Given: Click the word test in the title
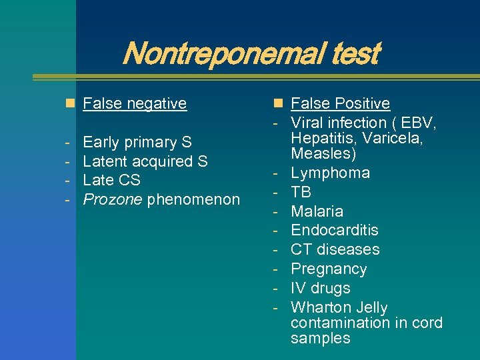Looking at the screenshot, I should click(356, 53).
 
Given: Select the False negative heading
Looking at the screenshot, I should click(134, 103).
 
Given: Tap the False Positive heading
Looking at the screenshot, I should click(340, 103).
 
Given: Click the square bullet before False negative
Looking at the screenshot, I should click(69, 103).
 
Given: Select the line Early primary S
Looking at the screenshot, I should click(137, 142).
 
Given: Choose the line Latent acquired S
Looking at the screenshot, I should click(145, 161).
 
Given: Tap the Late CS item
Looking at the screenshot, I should click(111, 180).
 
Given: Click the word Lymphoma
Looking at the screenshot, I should click(330, 173).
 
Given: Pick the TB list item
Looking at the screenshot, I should click(301, 193).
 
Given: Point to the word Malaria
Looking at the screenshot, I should click(317, 211).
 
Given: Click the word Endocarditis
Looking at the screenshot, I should click(334, 231).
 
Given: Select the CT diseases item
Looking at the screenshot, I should click(335, 249).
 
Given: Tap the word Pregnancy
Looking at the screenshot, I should click(329, 269).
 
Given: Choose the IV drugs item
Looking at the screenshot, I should click(320, 288).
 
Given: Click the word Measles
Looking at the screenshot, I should click(319, 153).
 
